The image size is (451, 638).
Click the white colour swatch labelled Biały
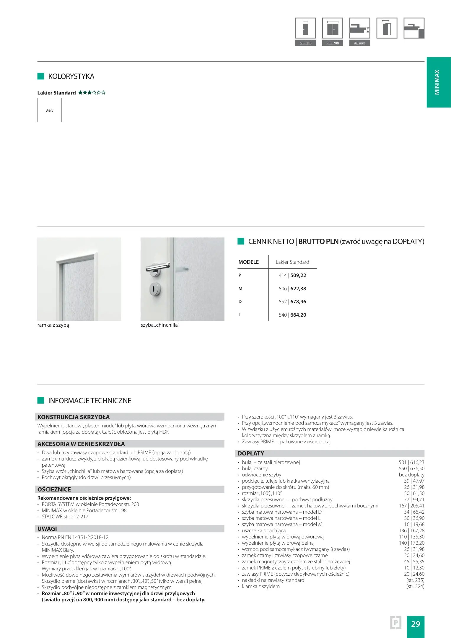coord(49,110)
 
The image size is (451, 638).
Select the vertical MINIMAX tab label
coord(437,82)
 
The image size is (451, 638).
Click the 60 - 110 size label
coord(305,43)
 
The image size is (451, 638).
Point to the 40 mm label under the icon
coord(359,43)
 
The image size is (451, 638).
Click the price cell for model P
coord(292,275)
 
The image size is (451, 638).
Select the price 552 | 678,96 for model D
coord(292,302)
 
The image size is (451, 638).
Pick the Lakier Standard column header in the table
coord(292,262)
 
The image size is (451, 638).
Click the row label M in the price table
coord(240,289)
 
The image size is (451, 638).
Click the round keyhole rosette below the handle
coord(155,288)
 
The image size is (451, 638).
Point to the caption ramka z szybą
coord(53,325)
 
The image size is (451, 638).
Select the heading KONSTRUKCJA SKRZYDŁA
coord(74,417)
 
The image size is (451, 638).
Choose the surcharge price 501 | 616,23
coord(411,462)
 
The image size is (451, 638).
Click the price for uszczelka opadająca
coord(411,530)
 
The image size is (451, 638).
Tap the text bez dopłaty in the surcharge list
coord(411,475)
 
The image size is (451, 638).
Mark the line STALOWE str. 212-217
coord(65,517)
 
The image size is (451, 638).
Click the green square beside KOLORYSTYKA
coord(41,76)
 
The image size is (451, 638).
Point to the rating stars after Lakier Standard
coord(92,93)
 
